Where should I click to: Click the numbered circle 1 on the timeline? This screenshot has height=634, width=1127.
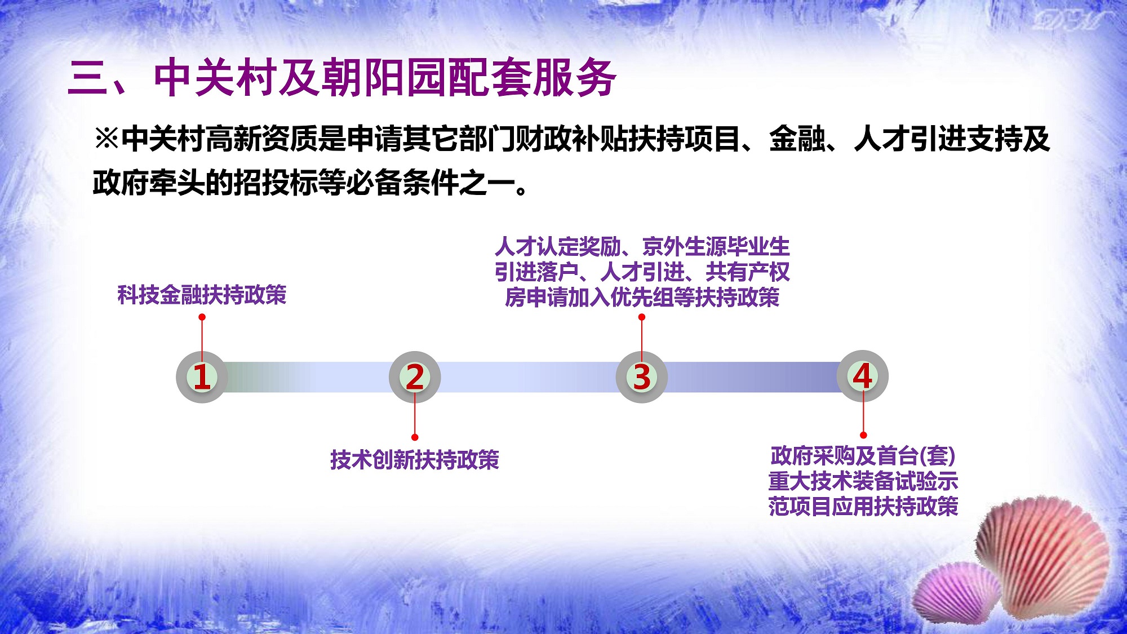tap(202, 376)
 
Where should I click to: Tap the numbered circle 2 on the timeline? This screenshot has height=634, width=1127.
tap(415, 376)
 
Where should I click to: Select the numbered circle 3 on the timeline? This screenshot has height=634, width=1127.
tap(641, 376)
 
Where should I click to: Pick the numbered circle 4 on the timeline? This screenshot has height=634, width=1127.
tap(863, 376)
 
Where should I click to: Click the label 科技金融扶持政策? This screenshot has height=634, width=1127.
tap(202, 295)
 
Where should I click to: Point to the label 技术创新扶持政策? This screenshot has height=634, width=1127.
tap(415, 460)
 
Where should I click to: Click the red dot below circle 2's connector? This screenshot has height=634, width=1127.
tap(415, 437)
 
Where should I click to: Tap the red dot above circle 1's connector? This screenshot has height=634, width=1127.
tap(202, 317)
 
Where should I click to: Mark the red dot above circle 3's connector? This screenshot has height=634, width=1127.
tap(641, 317)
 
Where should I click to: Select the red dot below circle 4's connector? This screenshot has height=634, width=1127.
tap(863, 435)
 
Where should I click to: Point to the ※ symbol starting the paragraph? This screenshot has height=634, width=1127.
tap(107, 139)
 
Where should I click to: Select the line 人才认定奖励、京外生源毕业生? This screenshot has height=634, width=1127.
tap(642, 247)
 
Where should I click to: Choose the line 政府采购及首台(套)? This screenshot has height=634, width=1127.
tap(863, 456)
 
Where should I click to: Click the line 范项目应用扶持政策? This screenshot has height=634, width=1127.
tap(863, 506)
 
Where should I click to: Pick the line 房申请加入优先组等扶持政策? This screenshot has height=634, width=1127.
tap(642, 297)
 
